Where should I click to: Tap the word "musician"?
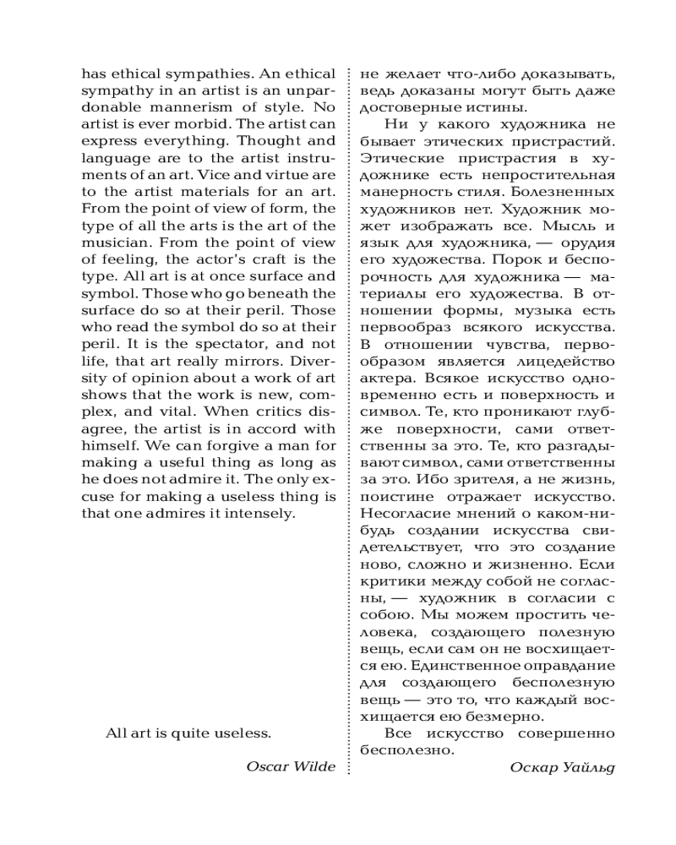point(112,243)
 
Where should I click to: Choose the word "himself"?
point(110,445)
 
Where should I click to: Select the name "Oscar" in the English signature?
point(267,766)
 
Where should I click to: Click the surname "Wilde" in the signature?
point(313,766)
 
